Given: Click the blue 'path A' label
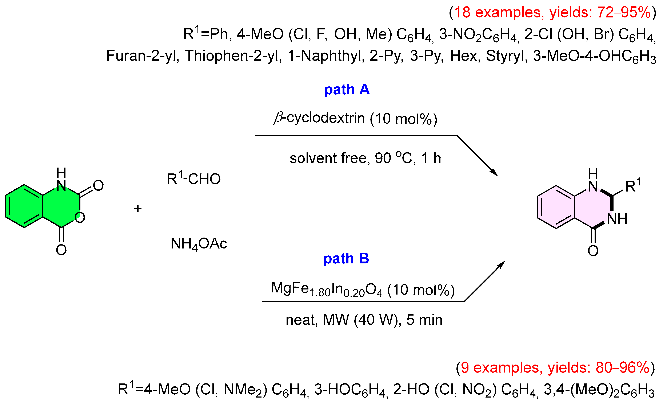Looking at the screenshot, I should coord(347,90).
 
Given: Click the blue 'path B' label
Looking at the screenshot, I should coord(346,259).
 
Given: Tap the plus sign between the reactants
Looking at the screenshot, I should coord(138,209).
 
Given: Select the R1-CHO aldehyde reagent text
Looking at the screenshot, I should coord(193,179).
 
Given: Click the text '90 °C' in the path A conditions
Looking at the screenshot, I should coord(393,158).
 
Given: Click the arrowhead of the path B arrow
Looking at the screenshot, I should coord(502,264).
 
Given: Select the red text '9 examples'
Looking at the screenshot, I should coord(501,367).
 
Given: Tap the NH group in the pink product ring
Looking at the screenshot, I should coord(617,219).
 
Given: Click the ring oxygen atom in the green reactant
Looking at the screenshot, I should coord(80,218).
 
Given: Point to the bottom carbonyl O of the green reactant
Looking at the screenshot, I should coord(61,250).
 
